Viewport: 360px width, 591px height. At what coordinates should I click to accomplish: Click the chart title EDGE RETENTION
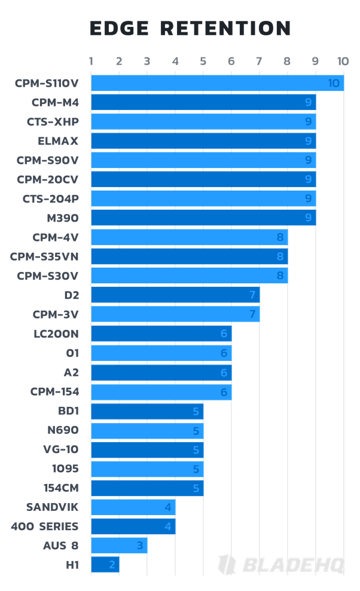[x=190, y=28]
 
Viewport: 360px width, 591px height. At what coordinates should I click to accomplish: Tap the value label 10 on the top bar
[x=335, y=84]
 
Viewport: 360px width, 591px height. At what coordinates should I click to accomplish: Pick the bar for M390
[x=203, y=218]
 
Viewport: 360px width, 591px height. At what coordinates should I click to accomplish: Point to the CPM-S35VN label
[x=48, y=256]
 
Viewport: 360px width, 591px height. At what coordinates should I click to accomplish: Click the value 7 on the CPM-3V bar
[x=252, y=314]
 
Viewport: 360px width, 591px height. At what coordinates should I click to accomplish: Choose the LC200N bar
[x=161, y=333]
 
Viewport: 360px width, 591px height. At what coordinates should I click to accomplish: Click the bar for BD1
[x=147, y=411]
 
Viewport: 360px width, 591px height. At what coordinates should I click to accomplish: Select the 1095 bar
[x=147, y=469]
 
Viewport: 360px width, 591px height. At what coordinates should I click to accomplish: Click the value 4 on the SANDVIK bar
[x=168, y=507]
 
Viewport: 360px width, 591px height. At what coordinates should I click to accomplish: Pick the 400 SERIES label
[x=44, y=526]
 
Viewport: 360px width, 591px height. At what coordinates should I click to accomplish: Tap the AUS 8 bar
[x=119, y=546]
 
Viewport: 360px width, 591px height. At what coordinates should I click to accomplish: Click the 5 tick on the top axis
[x=203, y=61]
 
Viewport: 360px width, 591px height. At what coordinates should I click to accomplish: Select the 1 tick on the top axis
[x=91, y=61]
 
